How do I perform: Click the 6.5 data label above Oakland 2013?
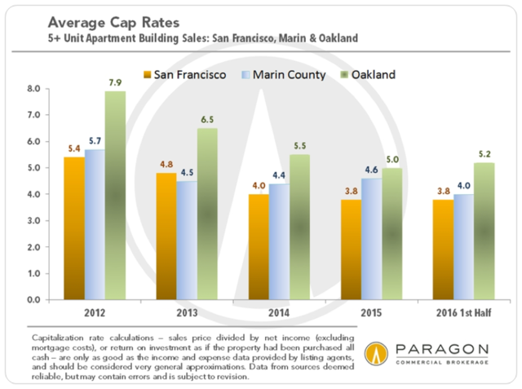207,119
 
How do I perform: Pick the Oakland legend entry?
368,75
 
